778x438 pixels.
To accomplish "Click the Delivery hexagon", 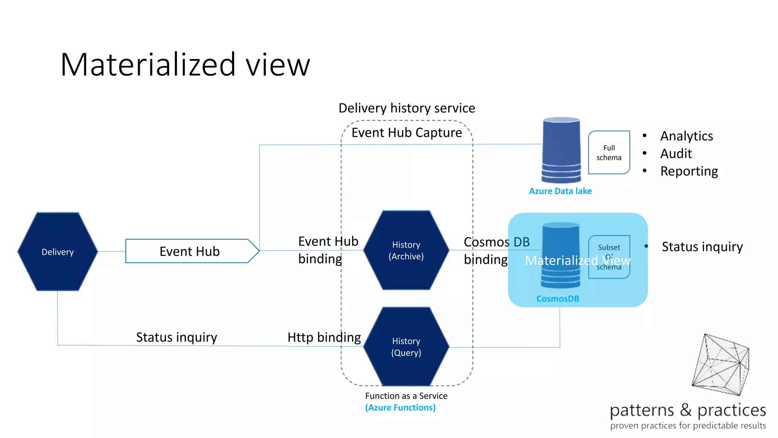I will pos(57,252).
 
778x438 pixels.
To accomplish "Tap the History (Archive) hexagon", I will pos(406,250).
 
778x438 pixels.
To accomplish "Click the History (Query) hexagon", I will pos(406,346).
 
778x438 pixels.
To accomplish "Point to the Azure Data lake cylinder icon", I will pos(561,150).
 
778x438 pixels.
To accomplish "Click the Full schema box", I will pos(609,152).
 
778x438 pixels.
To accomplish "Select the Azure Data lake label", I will pos(560,191).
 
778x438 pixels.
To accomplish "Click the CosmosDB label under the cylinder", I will pos(557,298).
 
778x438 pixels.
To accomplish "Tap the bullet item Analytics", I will pos(686,136).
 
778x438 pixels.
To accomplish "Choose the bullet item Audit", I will pos(676,153).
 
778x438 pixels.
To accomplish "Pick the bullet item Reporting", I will pos(689,171).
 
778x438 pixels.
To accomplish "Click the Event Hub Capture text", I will pos(406,132).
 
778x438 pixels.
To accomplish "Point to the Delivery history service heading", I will pos(406,108).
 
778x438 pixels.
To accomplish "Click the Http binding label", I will pos(324,337).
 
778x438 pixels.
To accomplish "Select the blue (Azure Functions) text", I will pos(400,408).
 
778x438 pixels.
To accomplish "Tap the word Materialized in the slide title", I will pos(148,65).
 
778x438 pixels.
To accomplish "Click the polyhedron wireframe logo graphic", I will pos(721,364).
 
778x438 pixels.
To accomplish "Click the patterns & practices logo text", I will pos(687,410).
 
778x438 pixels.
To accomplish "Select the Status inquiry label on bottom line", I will pos(176,337).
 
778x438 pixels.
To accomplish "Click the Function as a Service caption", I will pos(406,396).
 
